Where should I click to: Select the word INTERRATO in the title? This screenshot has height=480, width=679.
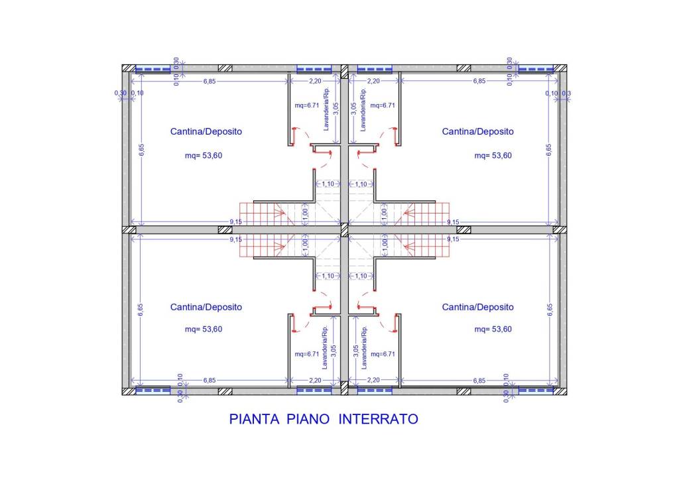click(379, 420)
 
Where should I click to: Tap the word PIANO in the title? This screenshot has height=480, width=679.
click(311, 420)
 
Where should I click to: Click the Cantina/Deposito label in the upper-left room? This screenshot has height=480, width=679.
click(206, 131)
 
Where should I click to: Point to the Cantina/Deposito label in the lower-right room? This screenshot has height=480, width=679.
click(477, 307)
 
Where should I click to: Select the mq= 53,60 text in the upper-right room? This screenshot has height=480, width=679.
click(493, 156)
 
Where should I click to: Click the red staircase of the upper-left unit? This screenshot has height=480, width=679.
click(261, 213)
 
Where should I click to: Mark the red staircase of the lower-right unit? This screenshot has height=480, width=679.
click(424, 246)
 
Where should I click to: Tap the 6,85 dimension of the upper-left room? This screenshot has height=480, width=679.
click(210, 81)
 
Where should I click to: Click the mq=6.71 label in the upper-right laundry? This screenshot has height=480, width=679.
click(383, 105)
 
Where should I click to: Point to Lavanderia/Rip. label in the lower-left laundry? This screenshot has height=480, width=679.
click(325, 347)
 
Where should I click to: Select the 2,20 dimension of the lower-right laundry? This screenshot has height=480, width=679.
click(373, 380)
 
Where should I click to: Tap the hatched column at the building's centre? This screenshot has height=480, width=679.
click(343, 229)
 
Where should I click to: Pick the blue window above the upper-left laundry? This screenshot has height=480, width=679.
click(314, 68)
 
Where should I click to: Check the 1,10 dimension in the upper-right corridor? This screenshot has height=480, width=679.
click(361, 184)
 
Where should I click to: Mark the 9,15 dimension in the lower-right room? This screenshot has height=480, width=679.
click(454, 238)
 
